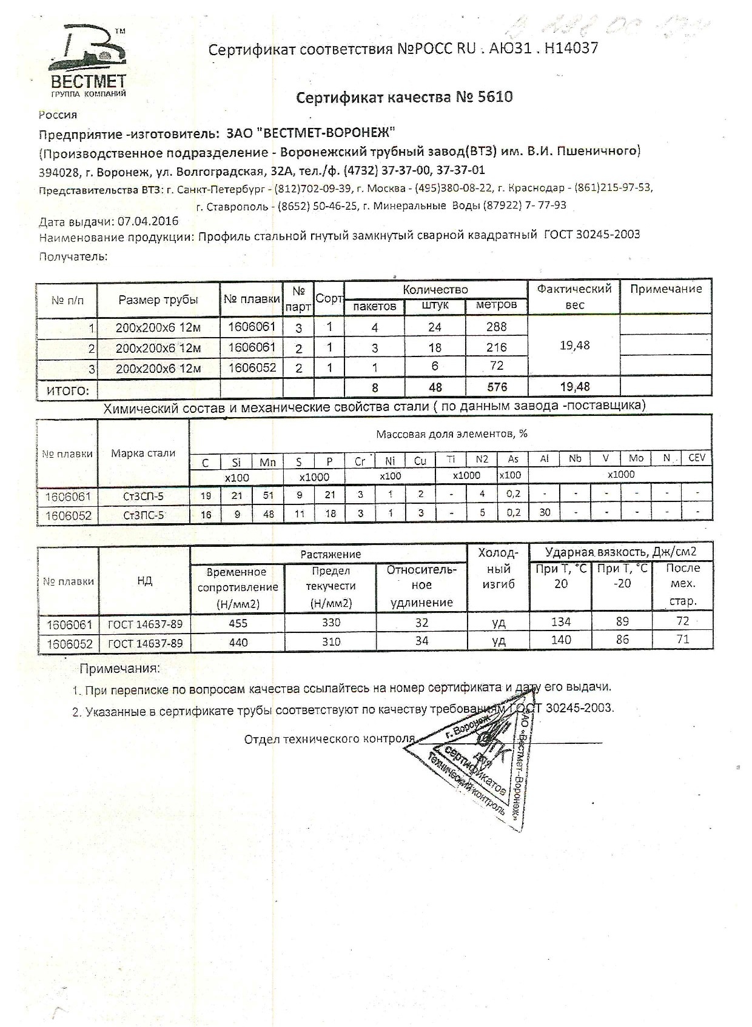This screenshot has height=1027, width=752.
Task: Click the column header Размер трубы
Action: click(158, 299)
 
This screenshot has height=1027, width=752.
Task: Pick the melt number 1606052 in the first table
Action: click(252, 367)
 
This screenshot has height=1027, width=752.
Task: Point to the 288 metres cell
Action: click(496, 327)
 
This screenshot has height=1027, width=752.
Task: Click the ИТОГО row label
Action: click(67, 390)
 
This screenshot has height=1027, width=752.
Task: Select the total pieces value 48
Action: click(435, 387)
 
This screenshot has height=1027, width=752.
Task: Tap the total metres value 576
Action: click(496, 387)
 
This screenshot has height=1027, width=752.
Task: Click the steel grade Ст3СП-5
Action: click(143, 497)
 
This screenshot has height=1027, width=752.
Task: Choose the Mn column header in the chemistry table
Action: click(267, 462)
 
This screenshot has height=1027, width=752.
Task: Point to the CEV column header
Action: click(697, 458)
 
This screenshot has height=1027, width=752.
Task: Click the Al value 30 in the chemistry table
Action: click(545, 513)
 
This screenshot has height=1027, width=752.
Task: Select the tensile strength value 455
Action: click(238, 623)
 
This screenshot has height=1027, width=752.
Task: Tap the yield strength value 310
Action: click(331, 641)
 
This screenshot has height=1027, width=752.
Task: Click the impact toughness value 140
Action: click(560, 640)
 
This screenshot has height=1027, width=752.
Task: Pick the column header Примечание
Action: click(665, 289)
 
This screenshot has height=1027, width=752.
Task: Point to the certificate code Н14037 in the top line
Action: click(571, 49)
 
